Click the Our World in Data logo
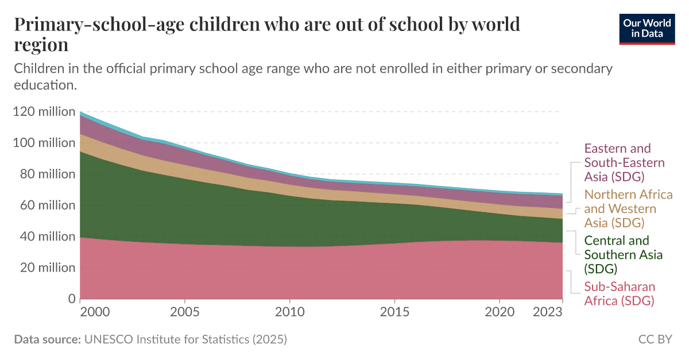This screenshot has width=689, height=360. (x=647, y=28)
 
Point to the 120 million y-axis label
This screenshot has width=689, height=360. (x=44, y=111)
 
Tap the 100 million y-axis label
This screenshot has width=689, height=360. (x=44, y=142)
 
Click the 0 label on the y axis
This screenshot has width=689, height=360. (x=72, y=299)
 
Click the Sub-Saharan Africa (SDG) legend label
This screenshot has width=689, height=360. (x=619, y=293)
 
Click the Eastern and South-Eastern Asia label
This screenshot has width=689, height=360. (x=624, y=162)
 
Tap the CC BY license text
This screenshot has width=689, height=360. (x=655, y=339)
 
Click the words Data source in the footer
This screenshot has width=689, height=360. (x=47, y=339)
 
